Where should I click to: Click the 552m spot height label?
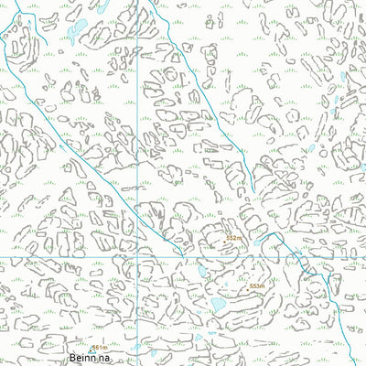pos(234,238)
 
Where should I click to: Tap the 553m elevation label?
pos(257,286)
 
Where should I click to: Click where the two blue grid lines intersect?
pos(138,255)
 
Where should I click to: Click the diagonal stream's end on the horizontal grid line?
pos(181,255)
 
